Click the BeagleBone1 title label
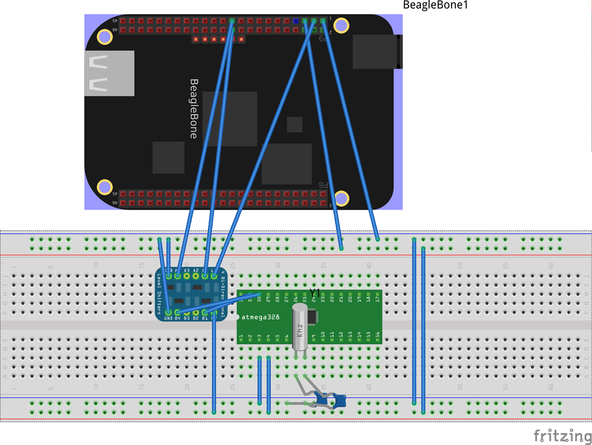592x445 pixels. click(435, 5)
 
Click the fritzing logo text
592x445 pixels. click(562, 436)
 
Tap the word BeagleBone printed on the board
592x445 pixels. click(194, 109)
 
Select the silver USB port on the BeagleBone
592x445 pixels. click(109, 73)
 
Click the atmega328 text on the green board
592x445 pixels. click(260, 317)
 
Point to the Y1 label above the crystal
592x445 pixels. click(315, 292)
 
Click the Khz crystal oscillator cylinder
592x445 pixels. click(300, 327)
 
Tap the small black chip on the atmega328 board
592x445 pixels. click(312, 316)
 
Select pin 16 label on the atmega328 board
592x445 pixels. click(377, 335)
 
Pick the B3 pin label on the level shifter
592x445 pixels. click(187, 318)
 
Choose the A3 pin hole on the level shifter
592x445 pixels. click(187, 276)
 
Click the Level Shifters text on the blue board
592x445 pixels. click(159, 294)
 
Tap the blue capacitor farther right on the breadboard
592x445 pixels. click(340, 401)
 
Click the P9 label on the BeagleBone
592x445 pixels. click(323, 39)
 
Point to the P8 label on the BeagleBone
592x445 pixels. click(323, 185)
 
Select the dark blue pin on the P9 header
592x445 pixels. click(296, 21)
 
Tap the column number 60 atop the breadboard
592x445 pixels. click(551, 266)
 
